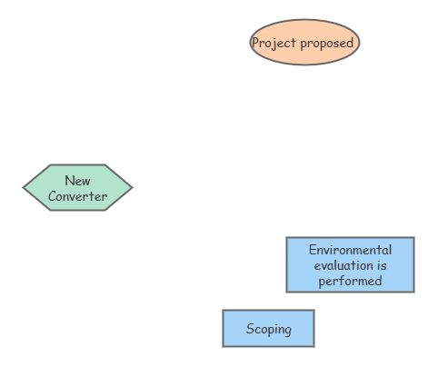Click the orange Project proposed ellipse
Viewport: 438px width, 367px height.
point(304,43)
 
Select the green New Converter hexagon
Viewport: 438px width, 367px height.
point(77,188)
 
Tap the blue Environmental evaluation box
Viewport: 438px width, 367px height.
point(350,264)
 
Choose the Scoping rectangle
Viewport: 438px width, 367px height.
point(268,328)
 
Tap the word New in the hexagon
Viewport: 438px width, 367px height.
point(77,181)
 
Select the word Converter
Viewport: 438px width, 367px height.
point(77,196)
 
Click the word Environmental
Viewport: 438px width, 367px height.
point(350,250)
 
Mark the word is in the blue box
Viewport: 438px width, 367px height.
point(382,265)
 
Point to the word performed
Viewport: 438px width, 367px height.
point(350,281)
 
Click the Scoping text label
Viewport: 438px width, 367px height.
point(268,329)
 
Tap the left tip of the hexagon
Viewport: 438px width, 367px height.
point(24,188)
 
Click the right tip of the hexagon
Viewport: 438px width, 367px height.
point(132,188)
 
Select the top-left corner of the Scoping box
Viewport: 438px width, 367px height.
point(224,311)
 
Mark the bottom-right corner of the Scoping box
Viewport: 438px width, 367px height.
point(314,346)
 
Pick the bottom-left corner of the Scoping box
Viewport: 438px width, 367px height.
point(224,346)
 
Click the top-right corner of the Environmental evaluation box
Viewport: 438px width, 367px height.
point(413,238)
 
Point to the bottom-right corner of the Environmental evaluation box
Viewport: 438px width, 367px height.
point(413,292)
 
